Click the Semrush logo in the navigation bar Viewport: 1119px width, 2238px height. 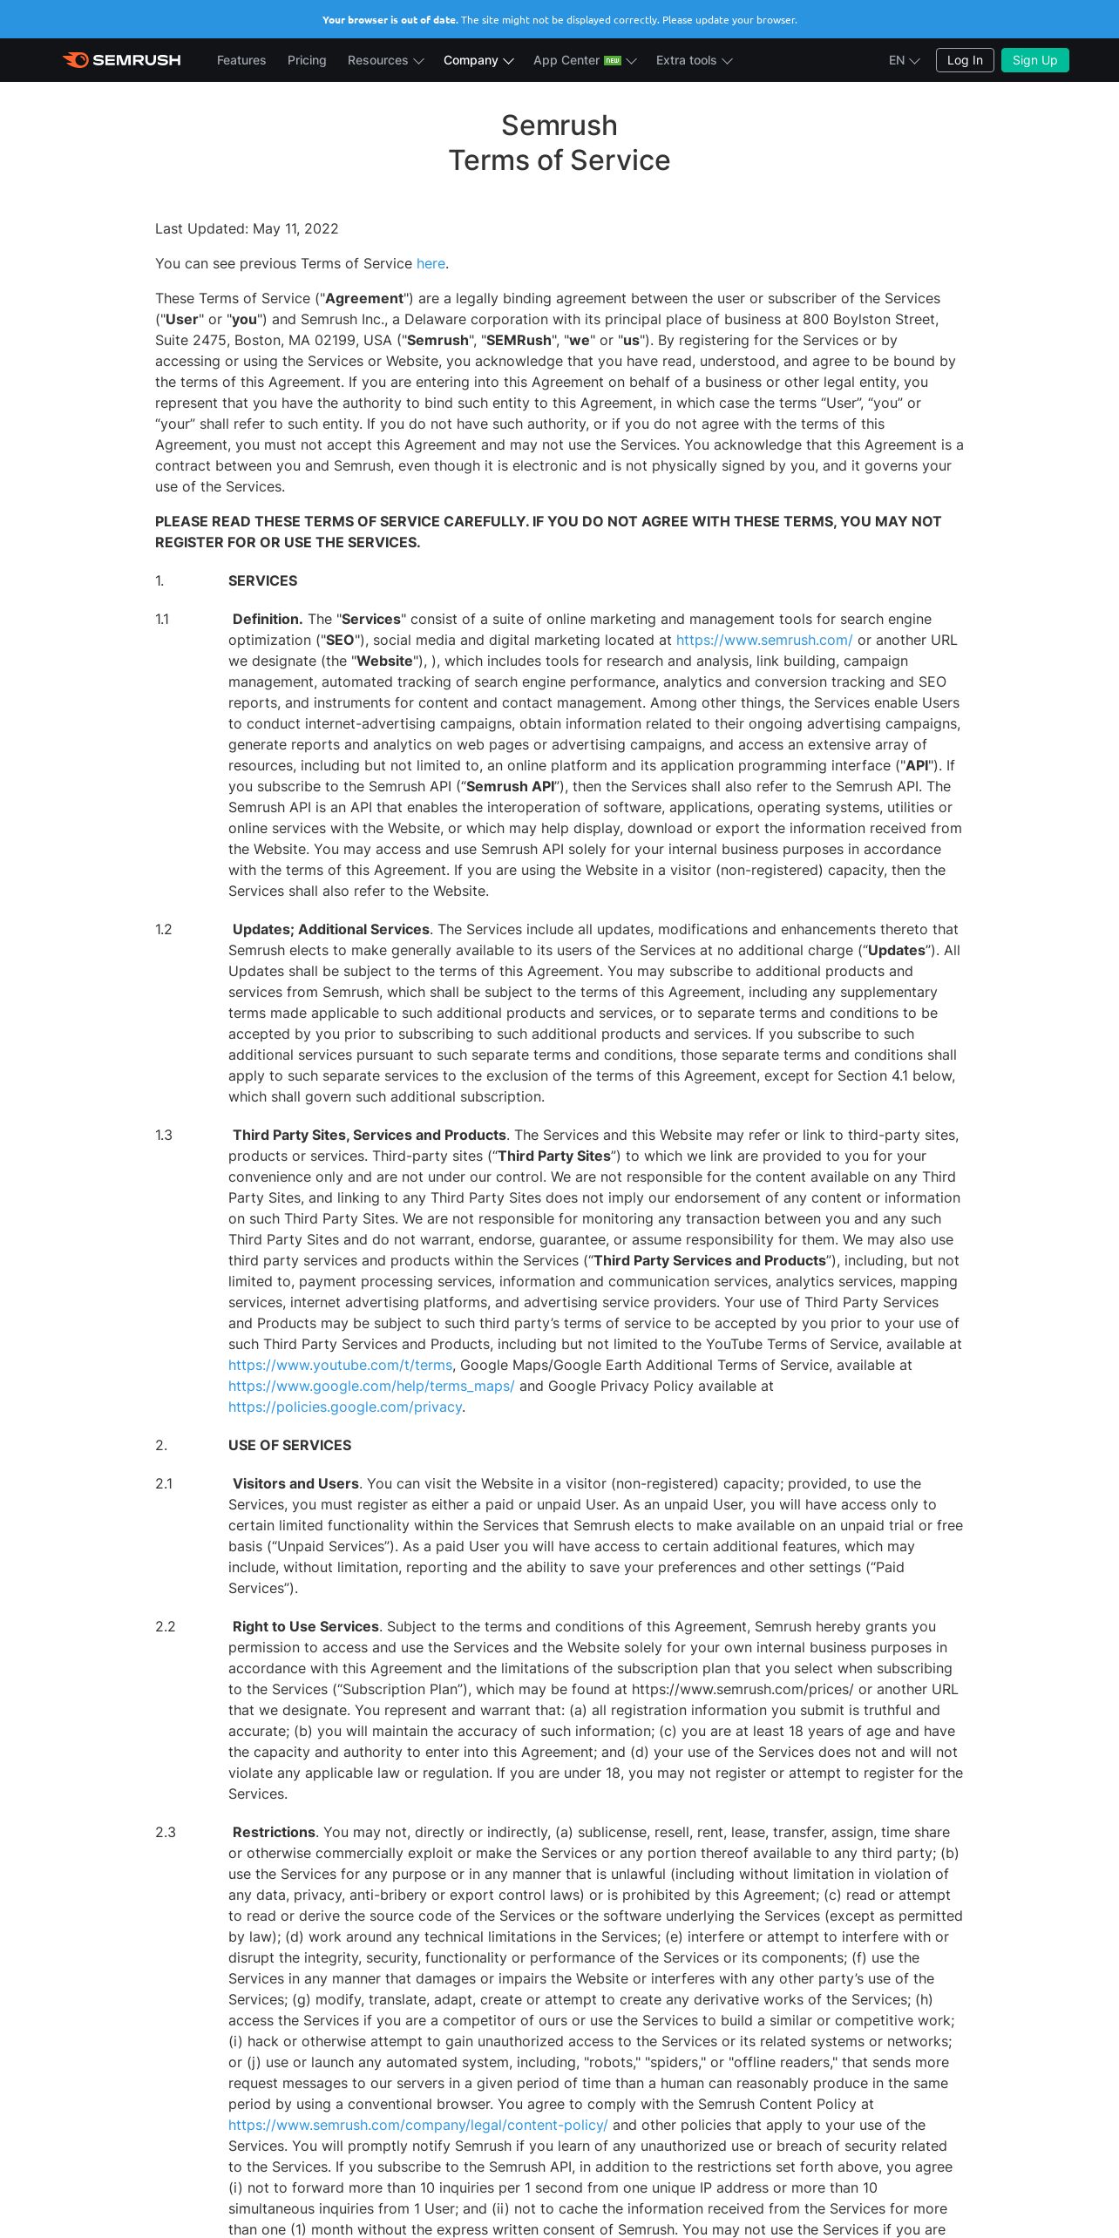point(122,60)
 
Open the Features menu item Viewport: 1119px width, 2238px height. point(241,60)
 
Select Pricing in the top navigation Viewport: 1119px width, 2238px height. point(307,60)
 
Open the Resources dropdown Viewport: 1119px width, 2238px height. point(385,60)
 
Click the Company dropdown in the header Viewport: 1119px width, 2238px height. point(478,60)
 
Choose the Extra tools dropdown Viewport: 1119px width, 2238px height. point(694,60)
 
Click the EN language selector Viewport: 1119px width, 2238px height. point(904,60)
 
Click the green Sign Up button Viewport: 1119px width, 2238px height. point(1034,60)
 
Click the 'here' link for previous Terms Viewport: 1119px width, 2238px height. point(431,263)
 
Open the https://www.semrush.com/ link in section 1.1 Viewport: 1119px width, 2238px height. point(764,640)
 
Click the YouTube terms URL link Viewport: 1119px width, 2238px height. point(340,1365)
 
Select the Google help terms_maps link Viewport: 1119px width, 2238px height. point(371,1386)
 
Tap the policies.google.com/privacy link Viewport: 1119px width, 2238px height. point(345,1407)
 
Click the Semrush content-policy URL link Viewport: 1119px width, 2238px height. point(418,2125)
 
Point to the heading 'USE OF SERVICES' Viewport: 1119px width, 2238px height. point(289,1445)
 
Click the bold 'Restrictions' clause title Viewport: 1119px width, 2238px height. point(274,1832)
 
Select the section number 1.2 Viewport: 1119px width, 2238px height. point(164,929)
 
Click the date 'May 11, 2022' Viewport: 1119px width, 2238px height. point(295,228)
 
